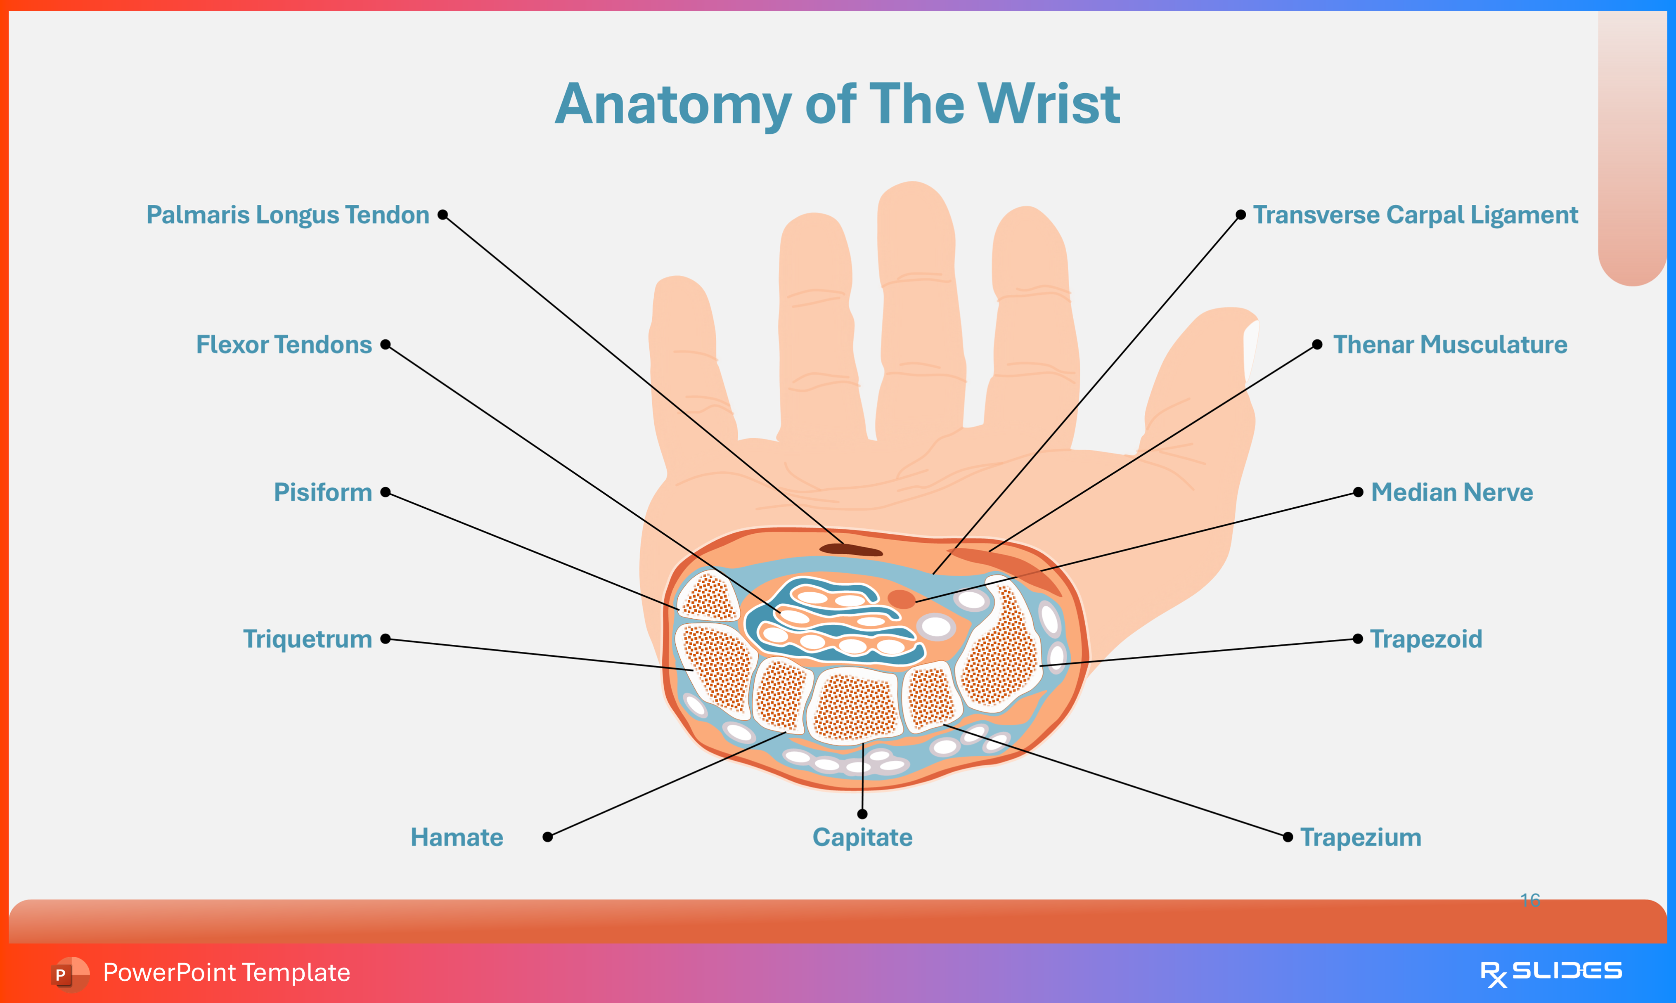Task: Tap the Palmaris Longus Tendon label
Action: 288,215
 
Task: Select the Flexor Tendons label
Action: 284,345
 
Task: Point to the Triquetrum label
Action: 308,639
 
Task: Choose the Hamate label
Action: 457,837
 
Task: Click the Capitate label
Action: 862,837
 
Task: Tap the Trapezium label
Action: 1360,837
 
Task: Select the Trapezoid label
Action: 1426,639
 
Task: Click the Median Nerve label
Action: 1451,492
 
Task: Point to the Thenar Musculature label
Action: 1450,345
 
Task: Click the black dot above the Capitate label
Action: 862,814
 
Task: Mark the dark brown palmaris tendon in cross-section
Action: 850,549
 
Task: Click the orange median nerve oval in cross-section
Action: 901,599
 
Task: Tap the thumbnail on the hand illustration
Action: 1251,345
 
